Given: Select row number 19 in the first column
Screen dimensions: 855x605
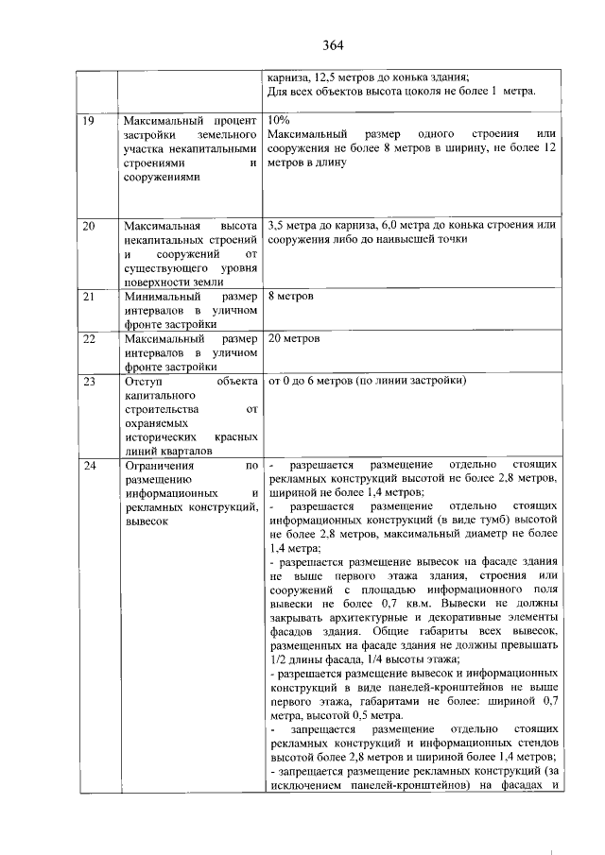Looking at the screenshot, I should [x=88, y=122].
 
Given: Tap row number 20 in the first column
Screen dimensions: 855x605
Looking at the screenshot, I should [x=89, y=226].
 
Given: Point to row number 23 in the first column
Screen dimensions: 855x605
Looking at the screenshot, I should [x=89, y=382].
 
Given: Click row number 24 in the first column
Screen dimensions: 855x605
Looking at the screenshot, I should [x=89, y=466].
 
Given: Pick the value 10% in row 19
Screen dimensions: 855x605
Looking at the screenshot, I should [x=280, y=122].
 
